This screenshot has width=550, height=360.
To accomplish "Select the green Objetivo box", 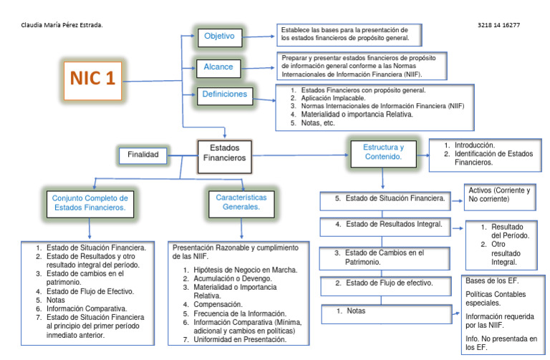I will [220, 36].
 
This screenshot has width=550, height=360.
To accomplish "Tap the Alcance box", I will [218, 67].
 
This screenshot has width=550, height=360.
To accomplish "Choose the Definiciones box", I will [224, 94].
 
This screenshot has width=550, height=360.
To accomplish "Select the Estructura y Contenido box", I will [382, 151].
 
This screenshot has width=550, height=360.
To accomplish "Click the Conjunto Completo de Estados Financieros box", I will [90, 202].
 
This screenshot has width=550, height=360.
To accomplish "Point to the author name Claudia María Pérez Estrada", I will [62, 25].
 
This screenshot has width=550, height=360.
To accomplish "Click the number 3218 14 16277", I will [498, 25].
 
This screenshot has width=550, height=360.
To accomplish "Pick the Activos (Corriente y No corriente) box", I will [498, 195].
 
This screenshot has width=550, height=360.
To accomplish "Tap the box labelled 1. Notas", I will [385, 312].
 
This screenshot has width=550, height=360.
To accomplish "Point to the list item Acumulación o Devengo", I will [230, 278].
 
